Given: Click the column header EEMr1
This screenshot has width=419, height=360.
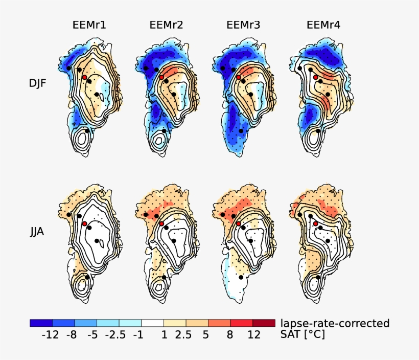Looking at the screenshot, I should (x=89, y=24).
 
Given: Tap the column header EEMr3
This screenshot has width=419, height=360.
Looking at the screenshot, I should (x=243, y=24).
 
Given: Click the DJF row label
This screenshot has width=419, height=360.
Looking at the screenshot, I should (x=38, y=82).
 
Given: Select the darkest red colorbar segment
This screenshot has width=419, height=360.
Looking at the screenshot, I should (x=264, y=323).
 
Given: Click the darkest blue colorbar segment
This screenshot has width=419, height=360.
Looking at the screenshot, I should (x=41, y=323).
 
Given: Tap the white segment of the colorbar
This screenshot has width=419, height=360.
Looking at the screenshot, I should (x=152, y=323).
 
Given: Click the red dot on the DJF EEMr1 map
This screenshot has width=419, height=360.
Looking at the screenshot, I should (x=85, y=77).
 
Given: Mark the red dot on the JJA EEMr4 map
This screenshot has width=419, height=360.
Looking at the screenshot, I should (x=316, y=224).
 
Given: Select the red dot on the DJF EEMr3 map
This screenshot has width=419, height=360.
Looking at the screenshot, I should (x=239, y=77).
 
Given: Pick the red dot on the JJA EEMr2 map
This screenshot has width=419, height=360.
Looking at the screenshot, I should (x=161, y=224).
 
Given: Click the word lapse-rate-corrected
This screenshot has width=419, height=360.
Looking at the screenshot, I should (x=335, y=323).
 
